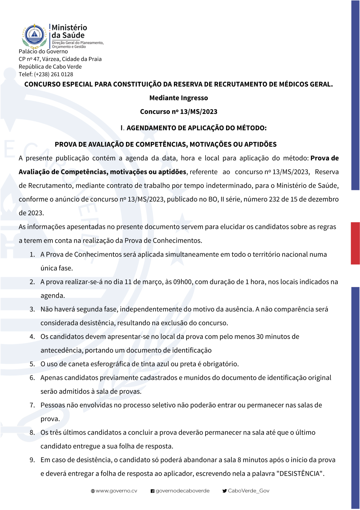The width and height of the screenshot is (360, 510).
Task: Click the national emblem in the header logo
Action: (34, 36)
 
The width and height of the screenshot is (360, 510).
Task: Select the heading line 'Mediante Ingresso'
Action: (179, 98)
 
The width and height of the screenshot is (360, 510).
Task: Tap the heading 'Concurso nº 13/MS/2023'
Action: (179, 112)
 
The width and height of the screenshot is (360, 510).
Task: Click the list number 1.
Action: (32, 255)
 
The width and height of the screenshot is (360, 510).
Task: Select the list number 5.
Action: (32, 364)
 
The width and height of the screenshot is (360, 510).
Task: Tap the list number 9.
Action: (32, 460)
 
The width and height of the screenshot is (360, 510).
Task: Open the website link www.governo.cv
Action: (116, 491)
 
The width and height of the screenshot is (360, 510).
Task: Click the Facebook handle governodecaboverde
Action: (183, 491)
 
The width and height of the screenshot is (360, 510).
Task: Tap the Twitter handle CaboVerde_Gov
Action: (248, 491)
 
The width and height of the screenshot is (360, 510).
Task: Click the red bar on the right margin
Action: (355, 243)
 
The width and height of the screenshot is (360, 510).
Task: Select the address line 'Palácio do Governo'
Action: (43, 52)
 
